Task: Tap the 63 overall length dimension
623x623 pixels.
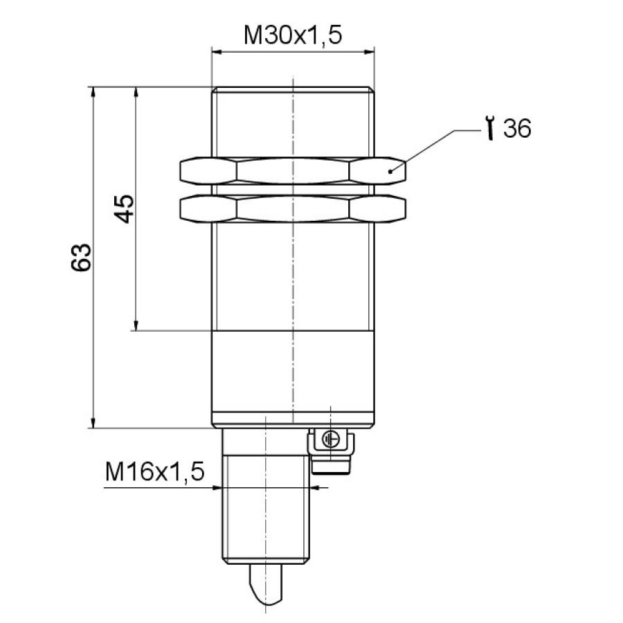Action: coord(82,257)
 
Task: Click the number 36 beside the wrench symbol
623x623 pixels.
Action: coord(517,129)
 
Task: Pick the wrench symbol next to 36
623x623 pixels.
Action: coord(490,129)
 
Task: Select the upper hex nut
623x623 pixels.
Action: coord(293,171)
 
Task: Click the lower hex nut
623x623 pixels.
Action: coord(293,209)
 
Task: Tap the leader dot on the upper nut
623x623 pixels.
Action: coord(391,170)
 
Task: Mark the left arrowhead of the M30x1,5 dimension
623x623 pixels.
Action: coord(216,51)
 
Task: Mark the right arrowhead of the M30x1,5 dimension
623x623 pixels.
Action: coord(370,51)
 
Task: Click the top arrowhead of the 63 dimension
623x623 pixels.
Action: coord(92,91)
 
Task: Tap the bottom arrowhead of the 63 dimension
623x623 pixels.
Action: coord(92,423)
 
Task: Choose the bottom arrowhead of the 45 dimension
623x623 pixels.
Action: coord(136,325)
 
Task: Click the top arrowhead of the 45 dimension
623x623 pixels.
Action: coord(136,91)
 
